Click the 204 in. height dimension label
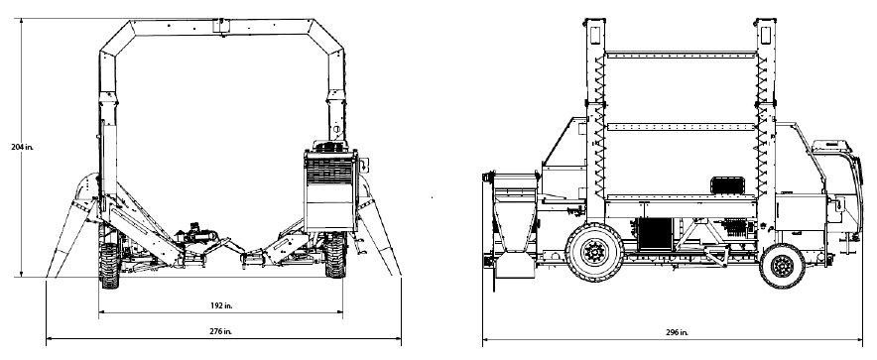click(x=23, y=147)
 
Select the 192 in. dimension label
click(x=221, y=305)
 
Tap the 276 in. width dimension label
click(x=221, y=331)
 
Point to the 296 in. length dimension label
click(x=677, y=332)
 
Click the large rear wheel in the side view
click(x=594, y=252)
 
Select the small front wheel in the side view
click(x=782, y=266)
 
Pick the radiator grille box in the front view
click(x=331, y=189)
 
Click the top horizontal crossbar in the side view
click(x=682, y=55)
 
